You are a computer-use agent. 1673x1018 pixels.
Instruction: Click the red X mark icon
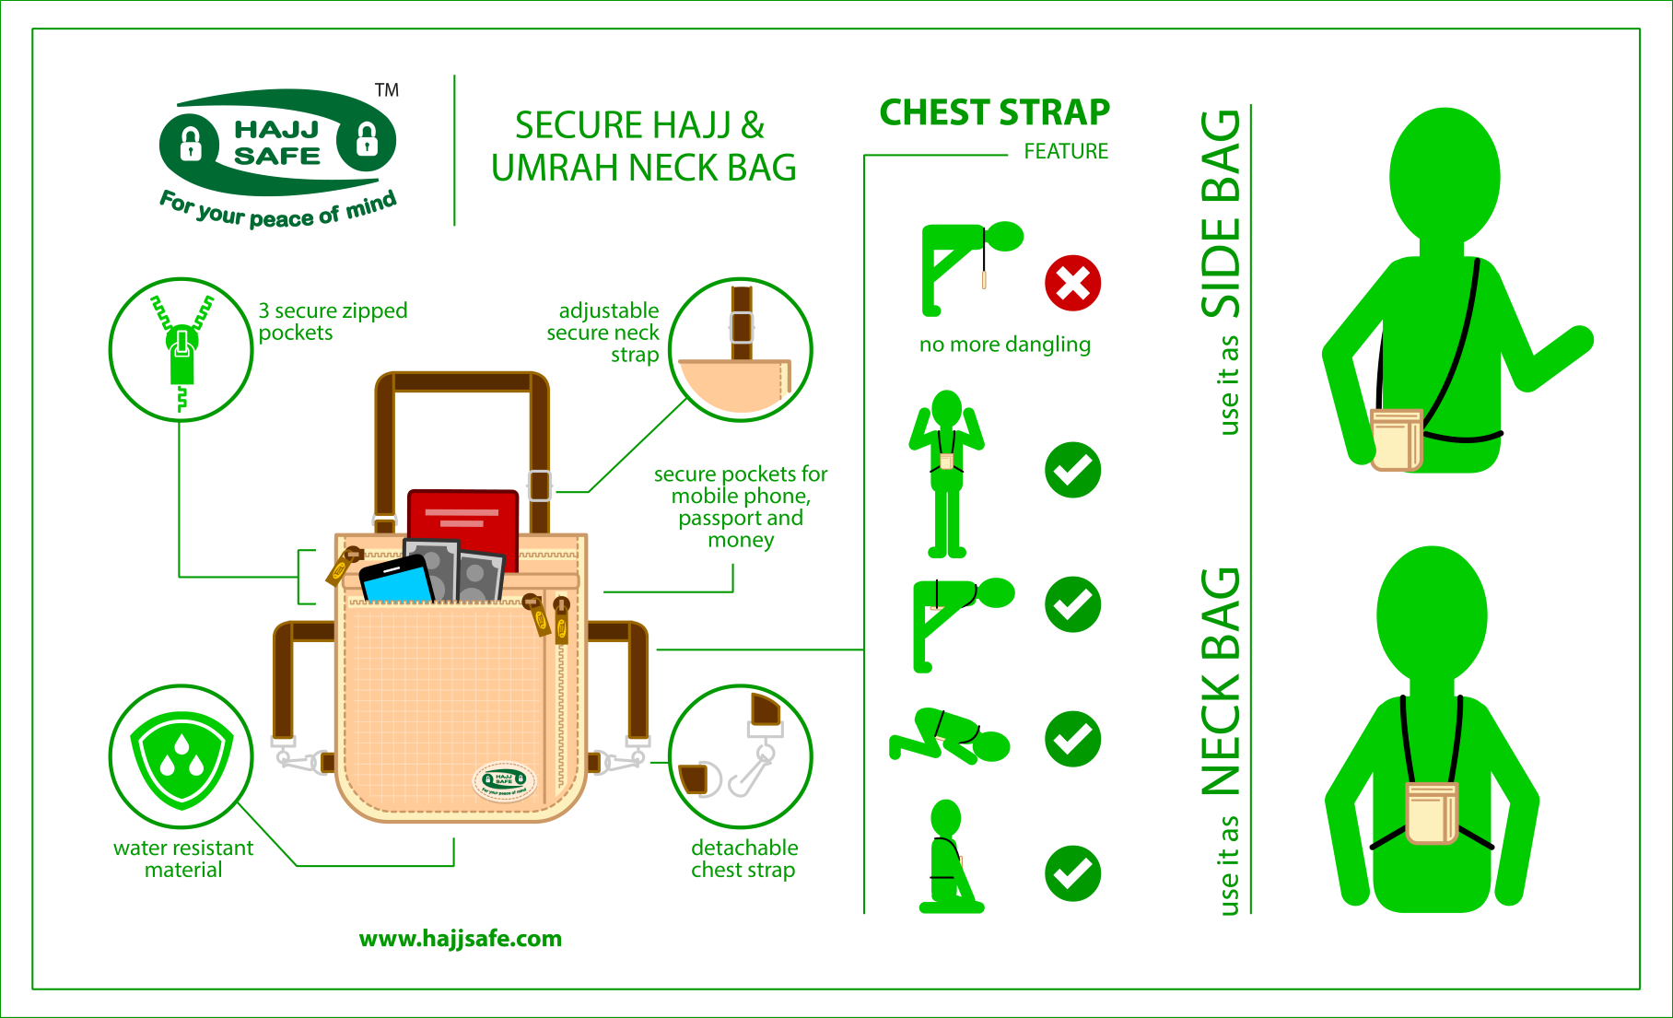point(1073,283)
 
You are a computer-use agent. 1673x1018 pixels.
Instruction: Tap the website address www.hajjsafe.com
point(461,939)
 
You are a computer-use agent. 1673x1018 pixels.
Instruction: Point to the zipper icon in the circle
point(181,349)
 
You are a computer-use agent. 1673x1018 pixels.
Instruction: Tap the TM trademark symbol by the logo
point(387,90)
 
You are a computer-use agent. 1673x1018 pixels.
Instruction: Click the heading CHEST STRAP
point(995,112)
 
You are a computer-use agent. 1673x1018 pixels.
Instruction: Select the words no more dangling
point(1005,345)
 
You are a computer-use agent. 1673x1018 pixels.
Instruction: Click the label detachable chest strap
point(744,859)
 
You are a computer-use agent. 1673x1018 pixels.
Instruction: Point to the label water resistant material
point(183,859)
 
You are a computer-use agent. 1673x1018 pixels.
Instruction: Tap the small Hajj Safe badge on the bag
point(505,781)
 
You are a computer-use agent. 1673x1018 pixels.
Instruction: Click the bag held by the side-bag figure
point(1397,439)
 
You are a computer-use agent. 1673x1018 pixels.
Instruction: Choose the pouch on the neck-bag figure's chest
point(1432,813)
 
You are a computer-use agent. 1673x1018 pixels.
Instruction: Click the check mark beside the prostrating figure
point(1073,739)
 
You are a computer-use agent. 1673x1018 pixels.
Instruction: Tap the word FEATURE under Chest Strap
point(1066,151)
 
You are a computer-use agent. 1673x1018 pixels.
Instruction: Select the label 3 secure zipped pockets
point(333,322)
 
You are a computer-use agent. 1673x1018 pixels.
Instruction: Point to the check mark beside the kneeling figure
point(1073,873)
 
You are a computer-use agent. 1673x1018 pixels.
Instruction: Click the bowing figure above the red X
point(970,268)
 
